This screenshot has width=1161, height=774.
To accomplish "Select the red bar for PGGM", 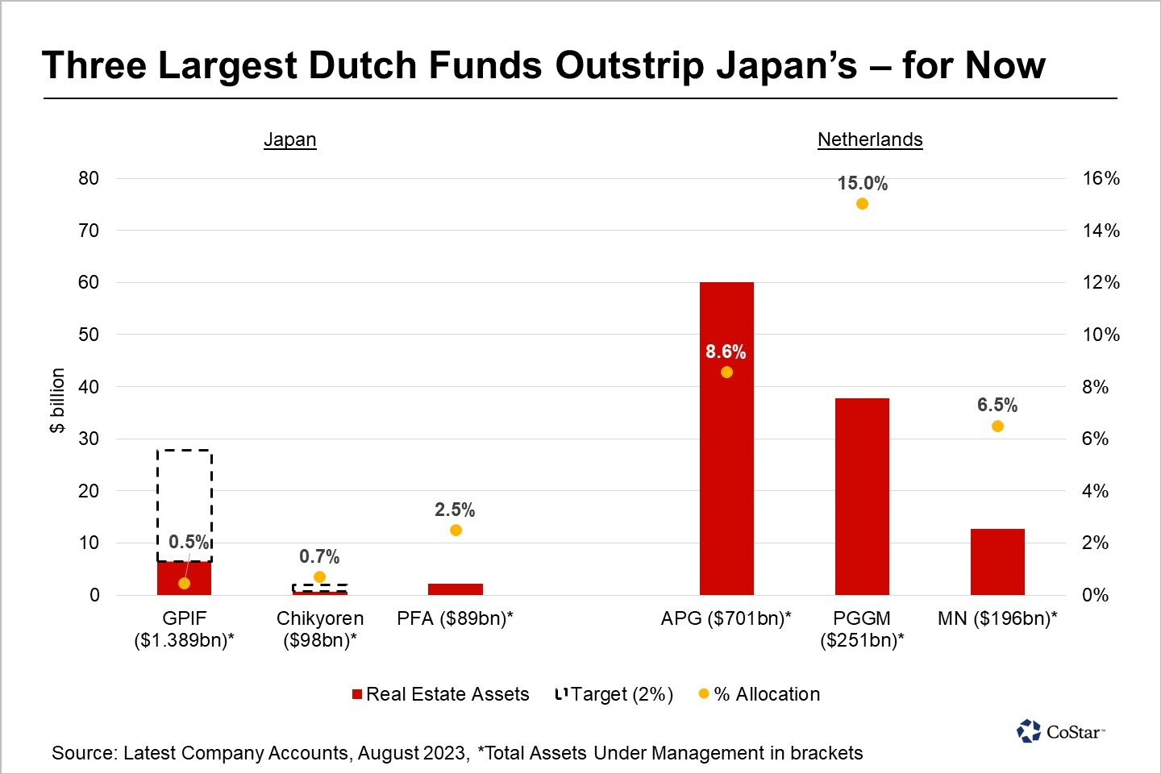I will click(x=862, y=496).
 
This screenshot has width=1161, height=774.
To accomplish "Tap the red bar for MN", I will click(x=997, y=562).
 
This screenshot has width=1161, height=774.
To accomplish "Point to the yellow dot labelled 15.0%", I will click(x=862, y=204).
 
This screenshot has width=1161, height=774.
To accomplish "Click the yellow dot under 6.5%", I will click(x=997, y=426).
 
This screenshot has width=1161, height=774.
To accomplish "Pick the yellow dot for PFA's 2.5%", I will click(x=456, y=531).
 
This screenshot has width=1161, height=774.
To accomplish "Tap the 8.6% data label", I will click(x=726, y=352).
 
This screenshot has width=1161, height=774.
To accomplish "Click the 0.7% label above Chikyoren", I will click(x=319, y=556).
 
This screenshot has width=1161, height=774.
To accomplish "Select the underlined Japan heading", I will click(x=290, y=139).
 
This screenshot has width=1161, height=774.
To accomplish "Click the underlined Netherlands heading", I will click(x=870, y=139).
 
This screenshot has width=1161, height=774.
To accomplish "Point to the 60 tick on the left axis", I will click(x=89, y=282).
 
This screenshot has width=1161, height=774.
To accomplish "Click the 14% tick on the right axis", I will click(x=1101, y=231).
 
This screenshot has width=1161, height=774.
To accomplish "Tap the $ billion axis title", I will click(x=57, y=401).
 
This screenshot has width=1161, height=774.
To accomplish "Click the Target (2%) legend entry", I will click(x=614, y=694).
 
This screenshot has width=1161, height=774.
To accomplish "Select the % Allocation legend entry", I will click(x=759, y=694).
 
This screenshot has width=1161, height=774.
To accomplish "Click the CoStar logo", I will click(x=1060, y=731).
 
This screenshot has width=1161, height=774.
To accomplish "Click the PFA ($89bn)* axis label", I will click(x=456, y=618).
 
